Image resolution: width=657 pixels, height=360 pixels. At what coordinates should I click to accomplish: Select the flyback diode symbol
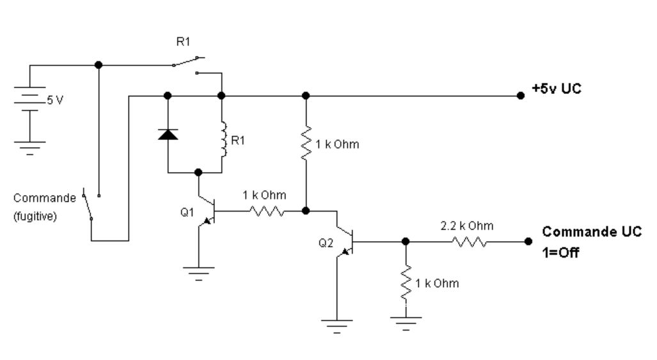[168, 134]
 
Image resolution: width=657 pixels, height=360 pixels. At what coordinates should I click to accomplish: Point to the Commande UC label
[592, 231]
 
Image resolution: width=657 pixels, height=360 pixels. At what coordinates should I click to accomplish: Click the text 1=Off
[561, 253]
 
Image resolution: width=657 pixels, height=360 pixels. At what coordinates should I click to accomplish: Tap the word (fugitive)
[35, 216]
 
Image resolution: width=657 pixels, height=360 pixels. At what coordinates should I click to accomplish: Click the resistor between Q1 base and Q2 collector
[264, 210]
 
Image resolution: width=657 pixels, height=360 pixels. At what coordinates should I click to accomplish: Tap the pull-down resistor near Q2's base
[404, 282]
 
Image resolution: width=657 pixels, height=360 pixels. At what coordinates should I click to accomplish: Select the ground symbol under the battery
[29, 148]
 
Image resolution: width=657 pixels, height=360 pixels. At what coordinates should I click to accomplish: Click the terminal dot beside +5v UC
[521, 96]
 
